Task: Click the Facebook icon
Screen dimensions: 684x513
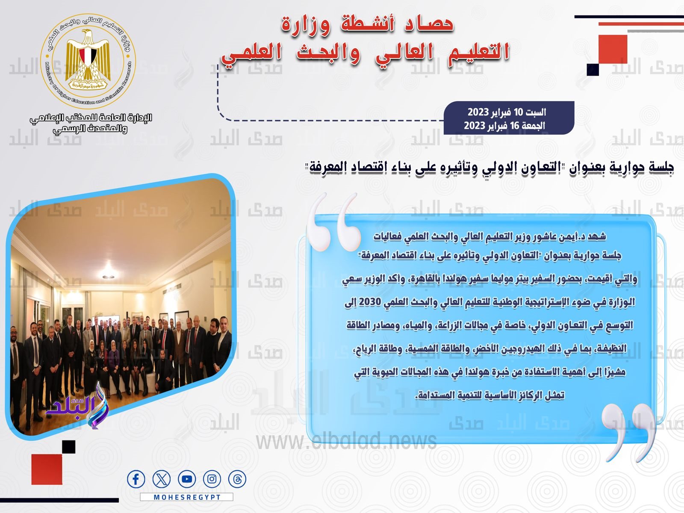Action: click(x=136, y=479)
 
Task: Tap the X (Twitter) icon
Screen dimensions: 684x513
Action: click(x=162, y=479)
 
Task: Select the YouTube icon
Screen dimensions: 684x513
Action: click(x=187, y=479)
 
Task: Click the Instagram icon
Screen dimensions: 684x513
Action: click(x=212, y=479)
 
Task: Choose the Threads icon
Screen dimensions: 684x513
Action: click(x=237, y=479)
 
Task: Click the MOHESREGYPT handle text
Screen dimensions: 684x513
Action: click(x=187, y=498)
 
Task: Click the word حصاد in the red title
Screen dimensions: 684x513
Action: click(x=429, y=24)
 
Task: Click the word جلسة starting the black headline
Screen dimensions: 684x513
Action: click(x=662, y=167)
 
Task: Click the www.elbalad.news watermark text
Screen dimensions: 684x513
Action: click(x=346, y=442)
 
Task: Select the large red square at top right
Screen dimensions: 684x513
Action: click(x=613, y=49)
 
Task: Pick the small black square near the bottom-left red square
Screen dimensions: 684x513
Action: click(x=68, y=447)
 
